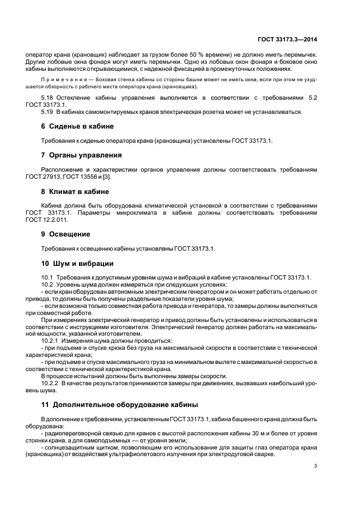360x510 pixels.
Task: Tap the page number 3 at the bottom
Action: pyautogui.click(x=315, y=465)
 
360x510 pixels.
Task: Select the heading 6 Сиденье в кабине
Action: pyautogui.click(x=77, y=126)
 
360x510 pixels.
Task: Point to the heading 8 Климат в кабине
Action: pyautogui.click(x=75, y=192)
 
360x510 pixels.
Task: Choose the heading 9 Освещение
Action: pyautogui.click(x=65, y=234)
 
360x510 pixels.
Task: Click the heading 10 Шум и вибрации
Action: pyautogui.click(x=77, y=264)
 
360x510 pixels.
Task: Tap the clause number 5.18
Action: pyautogui.click(x=48, y=97)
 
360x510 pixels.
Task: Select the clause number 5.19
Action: pyautogui.click(x=48, y=111)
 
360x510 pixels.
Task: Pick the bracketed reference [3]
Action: pyautogui.click(x=110, y=177)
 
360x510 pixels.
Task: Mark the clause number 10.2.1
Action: pyautogui.click(x=51, y=341)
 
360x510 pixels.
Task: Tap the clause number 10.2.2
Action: pyautogui.click(x=51, y=384)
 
